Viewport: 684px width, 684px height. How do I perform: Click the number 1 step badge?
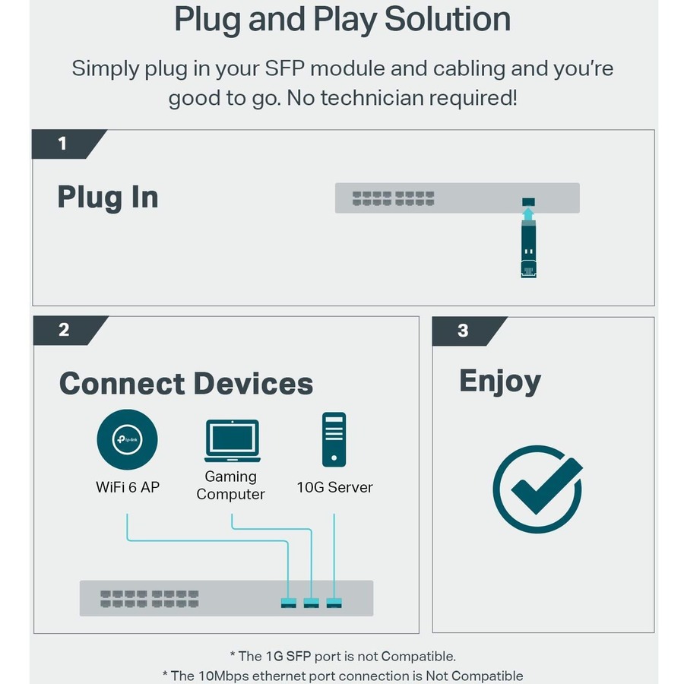62,143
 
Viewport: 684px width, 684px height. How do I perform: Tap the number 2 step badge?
64,330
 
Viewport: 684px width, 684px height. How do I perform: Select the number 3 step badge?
464,331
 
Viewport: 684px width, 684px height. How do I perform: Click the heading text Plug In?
108,198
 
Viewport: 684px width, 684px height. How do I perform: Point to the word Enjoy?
499,381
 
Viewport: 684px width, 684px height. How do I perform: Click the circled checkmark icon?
537,489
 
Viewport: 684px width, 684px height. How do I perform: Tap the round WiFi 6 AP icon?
127,439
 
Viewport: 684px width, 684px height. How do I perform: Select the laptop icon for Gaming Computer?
232,441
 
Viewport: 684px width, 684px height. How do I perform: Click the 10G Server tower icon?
334,439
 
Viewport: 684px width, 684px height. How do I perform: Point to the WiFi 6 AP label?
128,487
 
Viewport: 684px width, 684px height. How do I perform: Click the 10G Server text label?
334,487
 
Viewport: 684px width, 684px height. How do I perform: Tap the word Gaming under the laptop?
230,477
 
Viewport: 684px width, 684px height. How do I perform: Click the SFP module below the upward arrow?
529,251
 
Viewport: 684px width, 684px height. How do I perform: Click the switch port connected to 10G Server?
334,603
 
